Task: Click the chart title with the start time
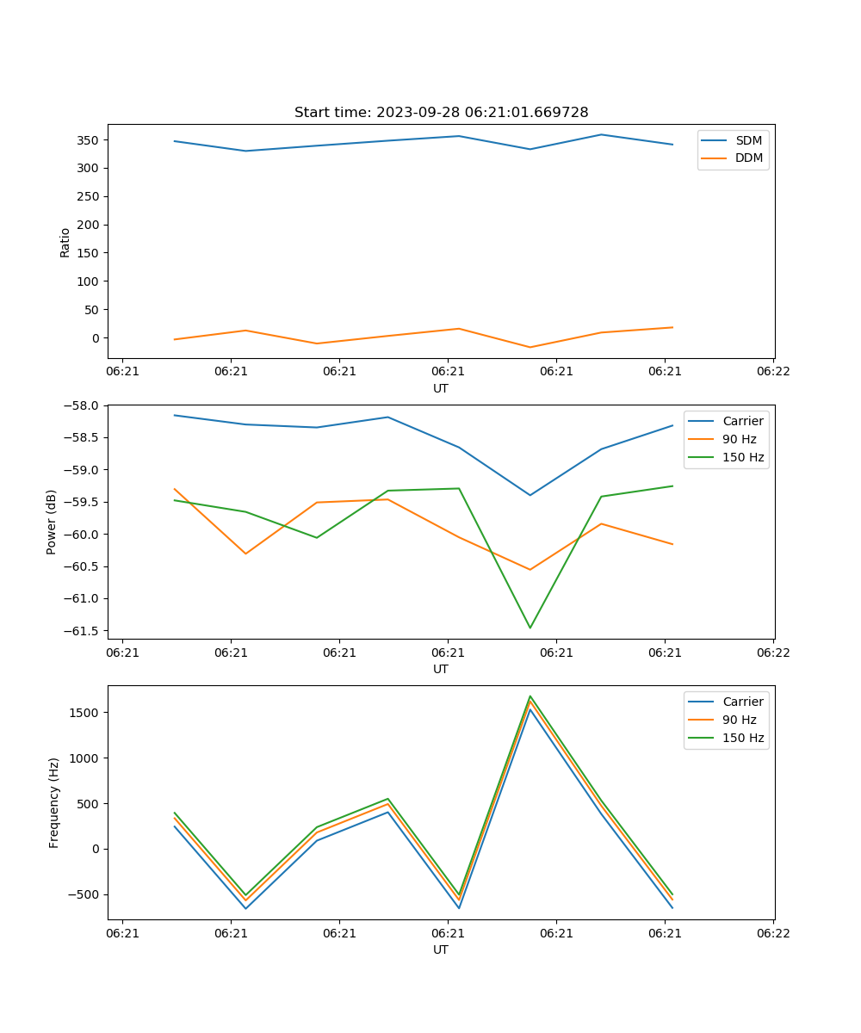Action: (x=441, y=113)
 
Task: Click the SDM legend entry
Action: (x=748, y=140)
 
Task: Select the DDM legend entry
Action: (x=748, y=158)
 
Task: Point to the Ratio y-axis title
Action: (x=65, y=242)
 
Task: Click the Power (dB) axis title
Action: (x=52, y=522)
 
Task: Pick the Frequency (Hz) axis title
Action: (x=54, y=802)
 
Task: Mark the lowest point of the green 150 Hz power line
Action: (x=530, y=628)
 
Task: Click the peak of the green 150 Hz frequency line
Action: (x=530, y=696)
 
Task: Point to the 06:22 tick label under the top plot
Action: (x=773, y=372)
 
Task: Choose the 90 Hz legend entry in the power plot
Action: (x=739, y=439)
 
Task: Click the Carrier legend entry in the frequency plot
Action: (x=742, y=702)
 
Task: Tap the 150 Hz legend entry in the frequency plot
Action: (x=742, y=738)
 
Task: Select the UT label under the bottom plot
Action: (x=441, y=949)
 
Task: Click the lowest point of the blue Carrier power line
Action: (x=530, y=495)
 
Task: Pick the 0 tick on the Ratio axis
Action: (x=96, y=338)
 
